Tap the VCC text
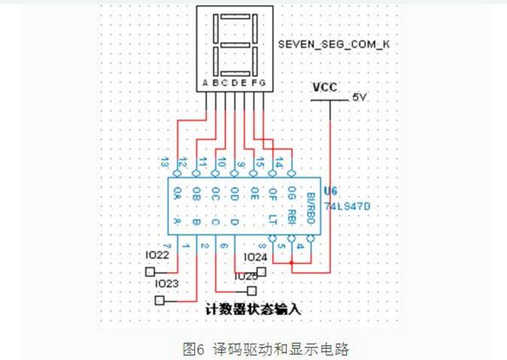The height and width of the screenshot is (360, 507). tap(326, 86)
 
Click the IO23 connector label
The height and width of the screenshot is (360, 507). tap(166, 283)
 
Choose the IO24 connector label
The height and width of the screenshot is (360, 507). tap(256, 257)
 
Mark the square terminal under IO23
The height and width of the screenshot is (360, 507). tap(159, 300)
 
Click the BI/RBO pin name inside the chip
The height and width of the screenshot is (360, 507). tap(309, 208)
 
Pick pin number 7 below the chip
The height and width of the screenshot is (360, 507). tap(168, 246)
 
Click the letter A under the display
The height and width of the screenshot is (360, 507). tap(205, 82)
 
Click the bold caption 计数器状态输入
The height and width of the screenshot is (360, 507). tap(253, 309)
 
